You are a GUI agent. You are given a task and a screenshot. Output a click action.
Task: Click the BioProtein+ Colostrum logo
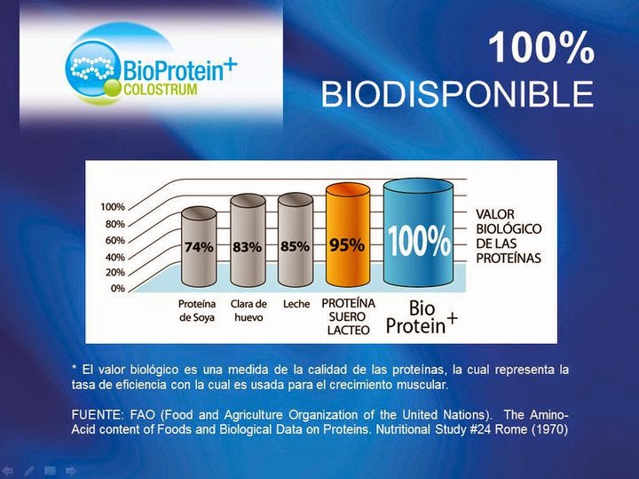click(151, 63)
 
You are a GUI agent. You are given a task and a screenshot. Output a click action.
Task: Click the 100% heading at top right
click(541, 50)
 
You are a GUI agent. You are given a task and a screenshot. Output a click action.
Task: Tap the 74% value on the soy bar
click(199, 249)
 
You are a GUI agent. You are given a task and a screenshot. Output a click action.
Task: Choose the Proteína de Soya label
click(197, 309)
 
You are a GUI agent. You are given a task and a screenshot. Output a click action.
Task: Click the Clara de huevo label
click(248, 309)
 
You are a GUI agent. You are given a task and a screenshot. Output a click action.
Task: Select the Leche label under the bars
click(295, 304)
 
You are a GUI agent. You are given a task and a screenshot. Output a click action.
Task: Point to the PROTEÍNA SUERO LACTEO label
click(348, 315)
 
